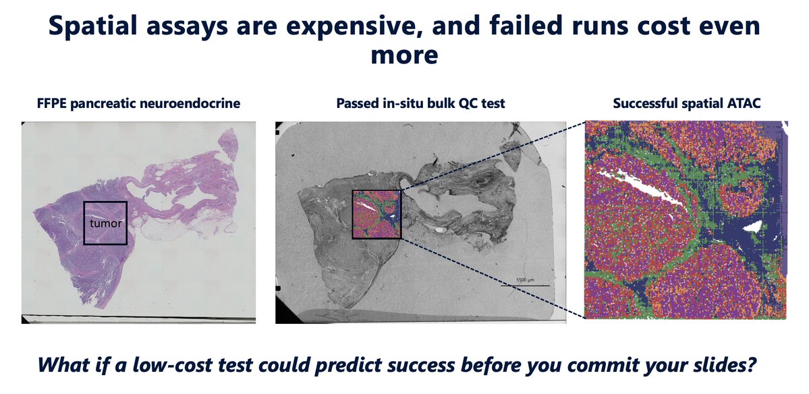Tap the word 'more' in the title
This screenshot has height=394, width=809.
(404, 55)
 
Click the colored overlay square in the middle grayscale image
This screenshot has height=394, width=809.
(376, 215)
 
